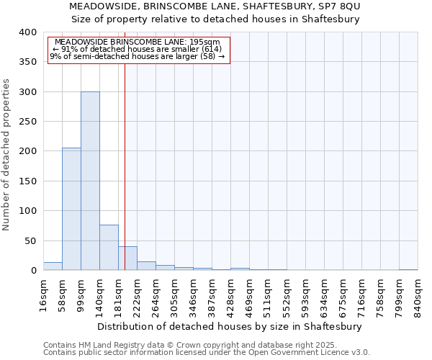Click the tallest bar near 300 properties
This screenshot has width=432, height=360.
pyautogui.click(x=90, y=181)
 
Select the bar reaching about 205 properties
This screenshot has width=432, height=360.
pyautogui.click(x=71, y=209)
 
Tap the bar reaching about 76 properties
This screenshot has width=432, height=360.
pyautogui.click(x=109, y=248)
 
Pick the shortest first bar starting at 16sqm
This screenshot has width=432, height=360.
pyautogui.click(x=53, y=266)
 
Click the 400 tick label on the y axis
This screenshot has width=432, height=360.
pyautogui.click(x=27, y=32)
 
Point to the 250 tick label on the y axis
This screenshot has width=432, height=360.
pyautogui.click(x=27, y=122)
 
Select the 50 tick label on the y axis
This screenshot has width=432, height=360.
pyautogui.click(x=30, y=240)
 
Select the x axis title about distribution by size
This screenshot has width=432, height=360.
pyautogui.click(x=229, y=326)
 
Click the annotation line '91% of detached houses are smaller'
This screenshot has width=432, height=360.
pyautogui.click(x=138, y=49)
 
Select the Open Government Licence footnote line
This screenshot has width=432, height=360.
pyautogui.click(x=207, y=352)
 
